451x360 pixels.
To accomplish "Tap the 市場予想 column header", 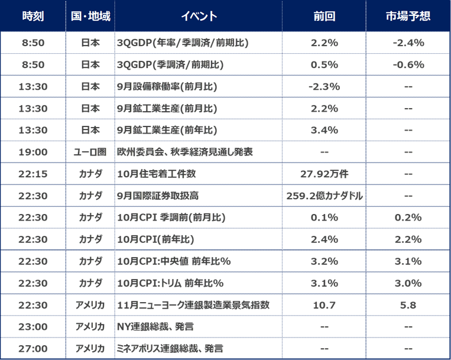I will coord(408,16).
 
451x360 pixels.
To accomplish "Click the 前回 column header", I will coord(324,16).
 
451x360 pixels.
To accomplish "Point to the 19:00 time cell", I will coord(33,152).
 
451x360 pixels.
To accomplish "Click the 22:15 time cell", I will coord(33,174).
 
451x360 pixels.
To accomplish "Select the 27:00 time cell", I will coord(33,348).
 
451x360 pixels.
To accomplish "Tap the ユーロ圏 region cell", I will coord(90,152).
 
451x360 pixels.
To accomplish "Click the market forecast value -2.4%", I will coord(408,43).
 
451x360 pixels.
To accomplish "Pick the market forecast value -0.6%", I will coord(408,64).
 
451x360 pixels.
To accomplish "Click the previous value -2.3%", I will coord(324,86).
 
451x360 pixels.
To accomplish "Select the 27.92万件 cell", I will coord(324,174).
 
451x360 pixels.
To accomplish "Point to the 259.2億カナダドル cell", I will coord(324,196).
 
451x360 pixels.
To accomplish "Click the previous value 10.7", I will coord(324,304).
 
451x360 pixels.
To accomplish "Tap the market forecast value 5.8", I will coord(408,304).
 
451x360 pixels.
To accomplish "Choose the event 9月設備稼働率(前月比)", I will coord(167,86).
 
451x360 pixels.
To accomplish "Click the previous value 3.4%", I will coord(324,130).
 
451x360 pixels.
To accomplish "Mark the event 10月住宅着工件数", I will coord(157,174).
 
